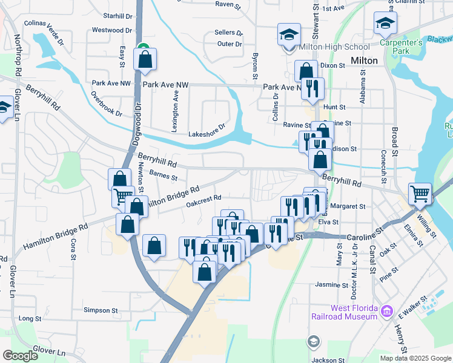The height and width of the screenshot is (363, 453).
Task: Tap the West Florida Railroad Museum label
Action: pyautogui.click(x=346, y=312)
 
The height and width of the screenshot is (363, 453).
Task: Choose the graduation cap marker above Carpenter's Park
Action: pyautogui.click(x=385, y=23)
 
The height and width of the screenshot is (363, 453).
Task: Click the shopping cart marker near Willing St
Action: pyautogui.click(x=420, y=194)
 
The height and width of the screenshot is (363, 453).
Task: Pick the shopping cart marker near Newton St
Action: pyautogui.click(x=123, y=196)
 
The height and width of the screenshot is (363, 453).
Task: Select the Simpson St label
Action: pyautogui.click(x=101, y=310)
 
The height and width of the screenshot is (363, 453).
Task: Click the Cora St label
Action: pyautogui.click(x=73, y=248)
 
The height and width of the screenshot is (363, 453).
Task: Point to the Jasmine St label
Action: pyautogui.click(x=331, y=284)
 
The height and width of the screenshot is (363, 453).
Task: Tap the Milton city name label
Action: pyautogui.click(x=364, y=60)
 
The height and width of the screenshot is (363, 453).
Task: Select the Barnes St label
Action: pyautogui.click(x=163, y=177)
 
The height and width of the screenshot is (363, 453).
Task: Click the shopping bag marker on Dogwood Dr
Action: pyautogui.click(x=145, y=59)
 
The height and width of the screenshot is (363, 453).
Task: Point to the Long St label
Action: pyautogui.click(x=30, y=318)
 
